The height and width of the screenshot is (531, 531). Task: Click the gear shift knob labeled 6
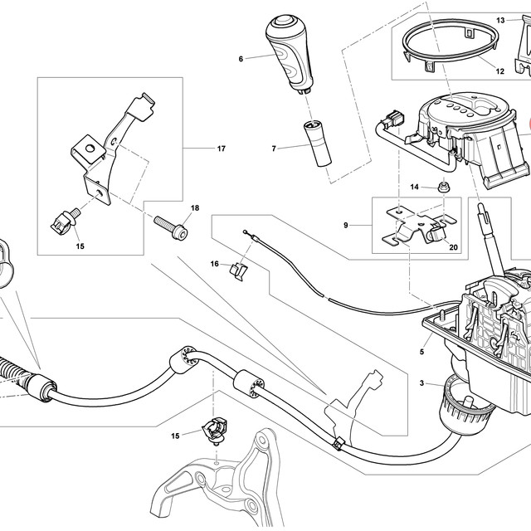(x=289, y=54)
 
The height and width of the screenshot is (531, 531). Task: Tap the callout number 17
(x=222, y=149)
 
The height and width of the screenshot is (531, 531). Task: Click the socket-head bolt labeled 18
(x=171, y=227)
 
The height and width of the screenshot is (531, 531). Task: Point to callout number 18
(x=195, y=207)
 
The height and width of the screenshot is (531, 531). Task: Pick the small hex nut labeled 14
(x=442, y=187)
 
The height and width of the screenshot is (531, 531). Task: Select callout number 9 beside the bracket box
(x=345, y=225)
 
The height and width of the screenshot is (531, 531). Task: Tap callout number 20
(x=453, y=247)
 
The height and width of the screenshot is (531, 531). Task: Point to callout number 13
(x=500, y=20)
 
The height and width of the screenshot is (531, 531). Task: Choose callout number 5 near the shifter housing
(x=421, y=352)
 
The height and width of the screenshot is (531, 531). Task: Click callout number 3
(x=421, y=383)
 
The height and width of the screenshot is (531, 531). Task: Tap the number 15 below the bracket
(x=80, y=246)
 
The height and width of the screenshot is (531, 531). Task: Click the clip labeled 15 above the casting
(x=215, y=430)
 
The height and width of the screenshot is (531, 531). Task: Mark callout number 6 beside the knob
(x=241, y=59)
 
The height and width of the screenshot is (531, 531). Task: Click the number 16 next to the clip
(x=214, y=264)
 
